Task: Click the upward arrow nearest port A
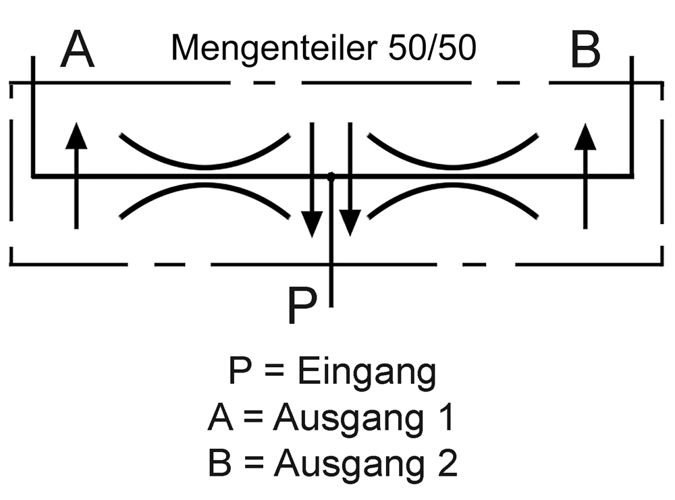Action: coord(77,175)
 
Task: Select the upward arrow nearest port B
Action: coord(586,175)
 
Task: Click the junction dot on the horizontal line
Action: coord(331,177)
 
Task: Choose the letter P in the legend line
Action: coord(241,374)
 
